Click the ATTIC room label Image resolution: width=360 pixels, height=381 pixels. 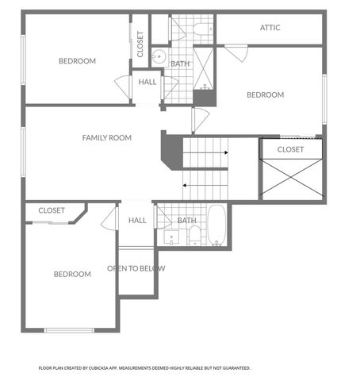270,28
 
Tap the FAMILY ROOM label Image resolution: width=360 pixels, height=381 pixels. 106,138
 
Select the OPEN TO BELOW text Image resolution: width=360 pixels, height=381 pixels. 136,268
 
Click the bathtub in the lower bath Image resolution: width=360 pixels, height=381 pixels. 216,226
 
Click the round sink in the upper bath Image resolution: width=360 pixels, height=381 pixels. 157,56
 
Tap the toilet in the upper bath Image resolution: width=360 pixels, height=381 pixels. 201,31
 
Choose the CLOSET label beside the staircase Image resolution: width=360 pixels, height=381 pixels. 291,149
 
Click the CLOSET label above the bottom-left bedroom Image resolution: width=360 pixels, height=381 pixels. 52,210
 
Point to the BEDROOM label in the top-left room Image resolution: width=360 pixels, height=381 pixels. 77,61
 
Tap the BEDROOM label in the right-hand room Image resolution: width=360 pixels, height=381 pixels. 265,95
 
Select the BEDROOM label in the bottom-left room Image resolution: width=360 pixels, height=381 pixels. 72,275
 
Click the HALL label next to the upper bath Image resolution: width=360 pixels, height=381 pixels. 147,81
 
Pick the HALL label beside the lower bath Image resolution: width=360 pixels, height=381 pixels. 137,221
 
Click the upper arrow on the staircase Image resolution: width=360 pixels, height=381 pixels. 208,152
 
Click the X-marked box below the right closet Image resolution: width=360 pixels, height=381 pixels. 291,179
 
